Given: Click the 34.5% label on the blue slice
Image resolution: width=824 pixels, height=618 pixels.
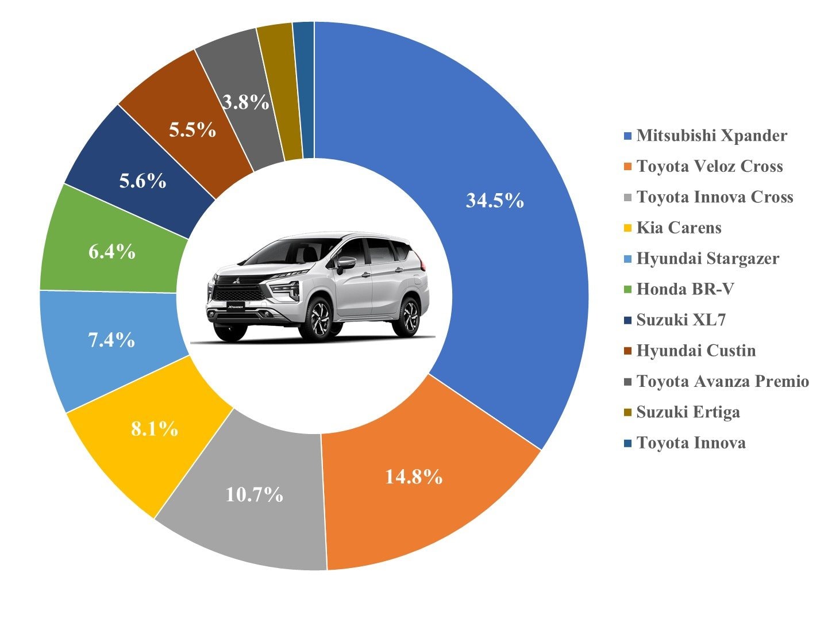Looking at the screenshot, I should [x=495, y=201].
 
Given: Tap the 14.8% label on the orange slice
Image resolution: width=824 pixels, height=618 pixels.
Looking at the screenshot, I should [x=414, y=477].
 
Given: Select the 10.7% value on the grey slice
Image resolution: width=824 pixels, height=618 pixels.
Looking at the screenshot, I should [x=254, y=494].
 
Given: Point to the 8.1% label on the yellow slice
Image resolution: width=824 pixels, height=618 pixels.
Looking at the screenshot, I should [x=154, y=428].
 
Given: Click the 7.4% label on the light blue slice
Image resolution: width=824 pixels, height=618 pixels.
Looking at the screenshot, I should [x=111, y=340].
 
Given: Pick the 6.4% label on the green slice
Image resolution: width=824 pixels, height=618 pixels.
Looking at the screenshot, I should [x=112, y=251].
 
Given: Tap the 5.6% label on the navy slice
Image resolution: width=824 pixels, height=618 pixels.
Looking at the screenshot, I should [x=143, y=181].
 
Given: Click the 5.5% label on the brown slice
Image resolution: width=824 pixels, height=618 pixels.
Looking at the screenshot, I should [x=192, y=130].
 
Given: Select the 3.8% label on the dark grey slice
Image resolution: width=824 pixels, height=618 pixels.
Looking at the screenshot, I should [x=246, y=103].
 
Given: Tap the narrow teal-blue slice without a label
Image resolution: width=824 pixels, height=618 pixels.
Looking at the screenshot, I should [x=305, y=89].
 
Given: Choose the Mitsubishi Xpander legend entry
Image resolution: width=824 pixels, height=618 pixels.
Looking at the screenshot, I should [x=711, y=136].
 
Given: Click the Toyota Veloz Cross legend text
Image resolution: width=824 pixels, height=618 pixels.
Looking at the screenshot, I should [x=710, y=167].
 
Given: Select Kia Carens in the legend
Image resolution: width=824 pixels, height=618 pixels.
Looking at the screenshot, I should [x=679, y=228].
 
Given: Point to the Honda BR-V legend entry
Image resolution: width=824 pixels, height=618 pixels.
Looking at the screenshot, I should [x=685, y=289].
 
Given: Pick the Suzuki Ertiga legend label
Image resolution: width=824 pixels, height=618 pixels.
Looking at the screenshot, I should [x=688, y=412].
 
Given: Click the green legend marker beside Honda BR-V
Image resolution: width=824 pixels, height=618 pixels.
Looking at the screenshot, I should [x=627, y=290].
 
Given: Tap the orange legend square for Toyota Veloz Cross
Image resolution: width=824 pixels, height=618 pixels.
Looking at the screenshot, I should [x=627, y=167].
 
